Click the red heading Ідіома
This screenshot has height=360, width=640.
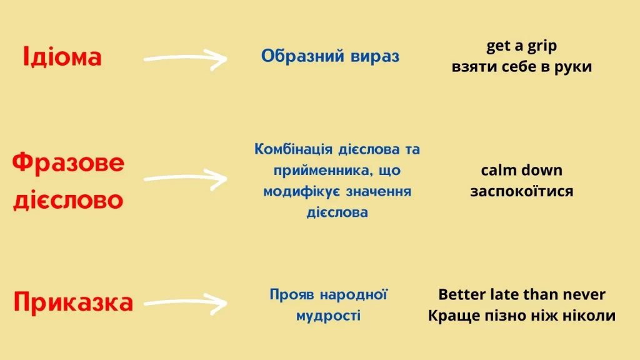point(62,56)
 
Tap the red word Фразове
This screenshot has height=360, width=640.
point(68,163)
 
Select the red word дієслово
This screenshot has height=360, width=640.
point(68,199)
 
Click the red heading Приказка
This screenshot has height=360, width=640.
point(73,302)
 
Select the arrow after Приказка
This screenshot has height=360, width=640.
point(185,303)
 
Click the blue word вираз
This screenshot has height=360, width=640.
point(375,56)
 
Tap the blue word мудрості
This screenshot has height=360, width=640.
point(329,316)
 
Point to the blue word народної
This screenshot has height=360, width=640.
point(354,295)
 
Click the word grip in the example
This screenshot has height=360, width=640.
point(542,46)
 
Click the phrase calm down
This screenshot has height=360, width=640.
point(522,170)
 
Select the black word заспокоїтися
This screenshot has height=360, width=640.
point(522,191)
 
